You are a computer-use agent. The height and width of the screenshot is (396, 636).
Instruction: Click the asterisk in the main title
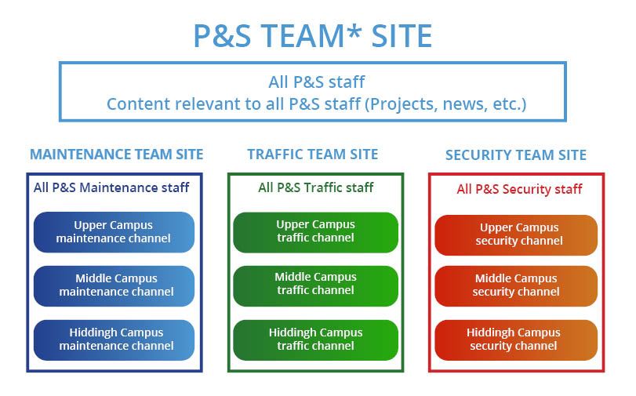354,31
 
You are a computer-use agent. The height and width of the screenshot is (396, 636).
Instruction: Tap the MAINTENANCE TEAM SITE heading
116,154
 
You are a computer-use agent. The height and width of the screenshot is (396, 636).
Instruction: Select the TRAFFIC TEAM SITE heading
313,154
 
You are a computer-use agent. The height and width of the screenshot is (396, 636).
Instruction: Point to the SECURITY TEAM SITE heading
516,155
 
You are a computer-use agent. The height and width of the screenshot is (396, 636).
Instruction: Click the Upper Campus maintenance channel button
114,232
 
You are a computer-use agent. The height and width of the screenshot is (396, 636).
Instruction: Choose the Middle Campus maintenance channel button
114,286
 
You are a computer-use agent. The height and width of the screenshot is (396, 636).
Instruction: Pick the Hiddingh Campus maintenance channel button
114,340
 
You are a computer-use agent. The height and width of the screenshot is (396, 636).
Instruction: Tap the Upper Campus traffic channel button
315,232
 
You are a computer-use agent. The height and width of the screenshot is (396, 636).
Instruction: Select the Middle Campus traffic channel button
315,286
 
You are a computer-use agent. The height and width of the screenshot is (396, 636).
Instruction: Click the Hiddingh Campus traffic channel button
315,340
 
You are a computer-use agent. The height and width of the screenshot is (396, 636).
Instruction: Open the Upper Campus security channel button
516,235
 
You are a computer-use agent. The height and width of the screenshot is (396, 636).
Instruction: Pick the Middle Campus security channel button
516,286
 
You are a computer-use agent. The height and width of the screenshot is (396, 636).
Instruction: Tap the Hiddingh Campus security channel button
516,340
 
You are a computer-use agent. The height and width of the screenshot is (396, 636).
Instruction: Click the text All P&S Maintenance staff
111,187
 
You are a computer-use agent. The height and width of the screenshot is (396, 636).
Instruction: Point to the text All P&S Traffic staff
315,187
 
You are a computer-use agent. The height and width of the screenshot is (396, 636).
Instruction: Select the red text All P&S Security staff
519,189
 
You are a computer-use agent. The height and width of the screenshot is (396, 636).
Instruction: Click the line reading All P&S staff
316,82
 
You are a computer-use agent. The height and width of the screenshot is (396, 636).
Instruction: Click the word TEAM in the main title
303,36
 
